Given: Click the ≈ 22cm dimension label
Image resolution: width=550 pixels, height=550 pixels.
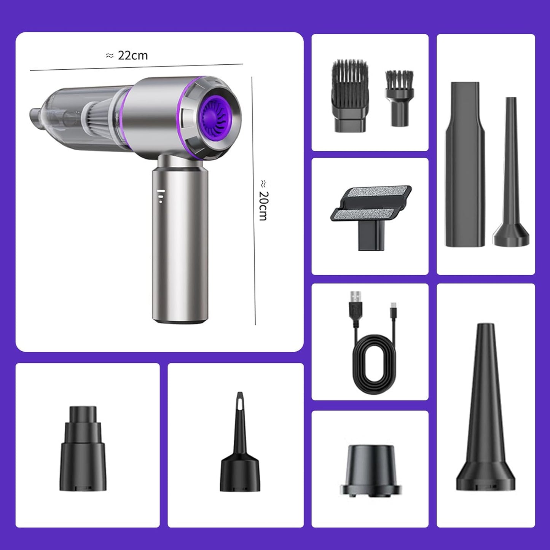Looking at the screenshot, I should pos(127,56).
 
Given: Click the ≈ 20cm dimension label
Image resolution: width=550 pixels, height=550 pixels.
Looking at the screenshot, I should pos(263,200).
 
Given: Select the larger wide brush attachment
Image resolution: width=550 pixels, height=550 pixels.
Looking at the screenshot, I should pos(350,96).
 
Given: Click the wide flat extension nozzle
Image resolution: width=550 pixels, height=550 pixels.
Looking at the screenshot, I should pos(465,164).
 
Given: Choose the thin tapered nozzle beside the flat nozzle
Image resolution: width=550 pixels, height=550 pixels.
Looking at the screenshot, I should pos(511,175).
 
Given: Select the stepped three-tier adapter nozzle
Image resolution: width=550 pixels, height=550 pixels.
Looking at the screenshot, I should pos(83,449).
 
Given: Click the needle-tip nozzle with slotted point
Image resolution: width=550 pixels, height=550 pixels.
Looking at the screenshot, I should pos(240,445).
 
